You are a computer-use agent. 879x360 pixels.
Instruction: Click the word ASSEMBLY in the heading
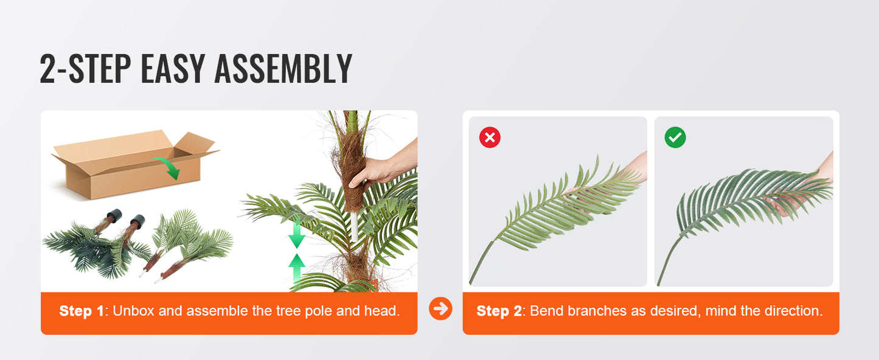(x=283, y=69)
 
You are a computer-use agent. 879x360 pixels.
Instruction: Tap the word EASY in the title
(x=173, y=69)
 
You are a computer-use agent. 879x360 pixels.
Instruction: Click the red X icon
(x=490, y=137)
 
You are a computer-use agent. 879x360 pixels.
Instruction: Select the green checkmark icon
(x=675, y=137)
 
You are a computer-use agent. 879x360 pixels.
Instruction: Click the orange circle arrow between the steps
(x=440, y=309)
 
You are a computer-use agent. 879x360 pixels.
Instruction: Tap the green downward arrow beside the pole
(x=296, y=234)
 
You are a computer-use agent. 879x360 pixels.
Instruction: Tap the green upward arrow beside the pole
(x=296, y=268)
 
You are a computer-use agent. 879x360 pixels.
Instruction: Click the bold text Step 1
(x=82, y=311)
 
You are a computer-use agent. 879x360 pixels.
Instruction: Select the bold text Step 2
(x=499, y=311)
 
